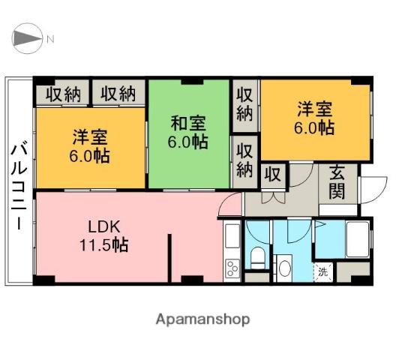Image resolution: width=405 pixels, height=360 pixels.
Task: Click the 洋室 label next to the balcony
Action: [91, 147]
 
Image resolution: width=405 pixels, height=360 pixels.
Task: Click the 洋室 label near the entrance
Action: [314, 118]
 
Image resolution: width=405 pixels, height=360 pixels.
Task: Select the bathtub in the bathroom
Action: [351, 241]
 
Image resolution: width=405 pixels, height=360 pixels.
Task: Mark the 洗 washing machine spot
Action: [322, 271]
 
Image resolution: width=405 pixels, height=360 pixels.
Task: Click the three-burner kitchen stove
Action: [232, 266]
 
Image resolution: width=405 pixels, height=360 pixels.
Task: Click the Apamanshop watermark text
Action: [202, 319]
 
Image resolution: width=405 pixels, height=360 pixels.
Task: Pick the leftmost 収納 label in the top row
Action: [62, 94]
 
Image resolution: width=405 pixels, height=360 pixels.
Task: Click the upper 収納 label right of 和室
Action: [244, 103]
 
